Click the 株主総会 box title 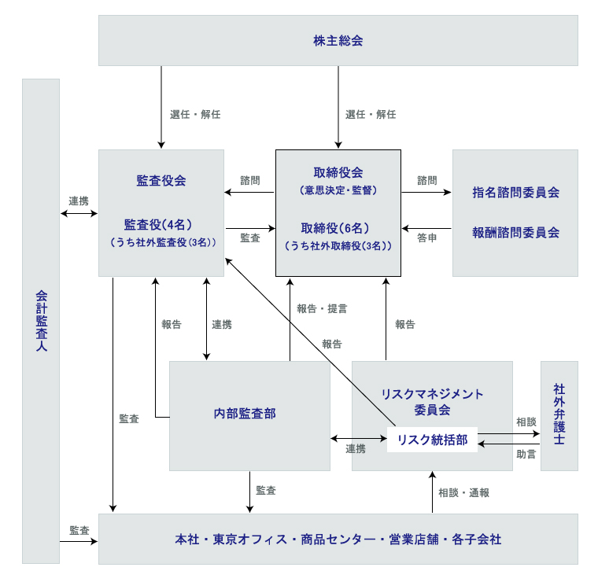338,41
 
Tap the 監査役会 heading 161,180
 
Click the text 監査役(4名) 161,223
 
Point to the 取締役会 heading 338,173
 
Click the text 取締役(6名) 338,228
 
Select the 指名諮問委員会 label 515,192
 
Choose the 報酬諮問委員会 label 515,233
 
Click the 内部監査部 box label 245,414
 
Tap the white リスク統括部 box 432,440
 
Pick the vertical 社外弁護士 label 559,414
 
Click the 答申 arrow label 427,238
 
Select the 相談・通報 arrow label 464,493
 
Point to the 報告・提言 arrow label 322,309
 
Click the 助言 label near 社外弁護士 526,455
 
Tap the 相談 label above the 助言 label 526,422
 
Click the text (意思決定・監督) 338,190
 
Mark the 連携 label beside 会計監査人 79,201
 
